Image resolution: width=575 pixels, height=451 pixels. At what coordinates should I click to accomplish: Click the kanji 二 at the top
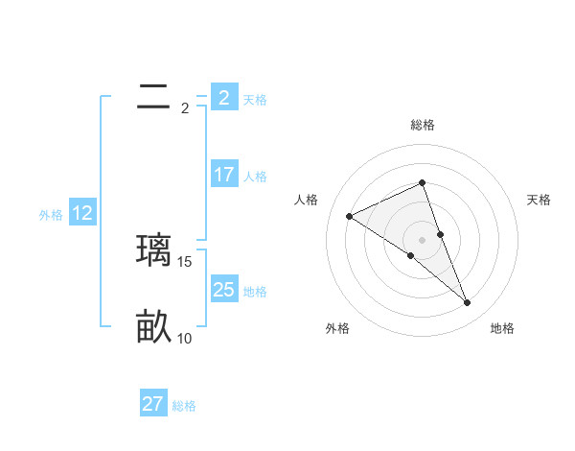pyautogui.click(x=153, y=97)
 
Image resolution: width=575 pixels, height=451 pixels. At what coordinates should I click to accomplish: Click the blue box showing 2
pyautogui.click(x=223, y=97)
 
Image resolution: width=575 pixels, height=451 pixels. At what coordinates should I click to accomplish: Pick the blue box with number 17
pyautogui.click(x=223, y=175)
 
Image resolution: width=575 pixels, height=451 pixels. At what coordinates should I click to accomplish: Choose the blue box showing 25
pyautogui.click(x=223, y=289)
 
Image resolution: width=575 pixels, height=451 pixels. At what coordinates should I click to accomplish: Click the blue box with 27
pyautogui.click(x=153, y=404)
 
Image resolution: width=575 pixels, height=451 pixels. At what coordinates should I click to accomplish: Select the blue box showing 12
pyautogui.click(x=82, y=213)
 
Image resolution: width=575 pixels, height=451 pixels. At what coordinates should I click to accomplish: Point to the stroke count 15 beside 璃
pyautogui.click(x=186, y=261)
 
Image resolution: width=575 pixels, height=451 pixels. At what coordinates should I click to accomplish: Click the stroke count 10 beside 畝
pyautogui.click(x=185, y=338)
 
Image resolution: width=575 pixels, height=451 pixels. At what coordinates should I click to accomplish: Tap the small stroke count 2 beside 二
pyautogui.click(x=185, y=107)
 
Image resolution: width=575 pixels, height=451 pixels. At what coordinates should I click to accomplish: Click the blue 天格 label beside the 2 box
pyautogui.click(x=255, y=99)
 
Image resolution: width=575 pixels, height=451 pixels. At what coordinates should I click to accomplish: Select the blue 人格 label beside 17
pyautogui.click(x=255, y=177)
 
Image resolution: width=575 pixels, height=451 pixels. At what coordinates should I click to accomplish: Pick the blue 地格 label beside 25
pyautogui.click(x=255, y=291)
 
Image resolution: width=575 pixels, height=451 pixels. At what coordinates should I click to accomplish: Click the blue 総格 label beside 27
pyautogui.click(x=184, y=406)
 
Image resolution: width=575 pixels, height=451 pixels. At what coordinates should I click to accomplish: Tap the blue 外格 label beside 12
pyautogui.click(x=51, y=215)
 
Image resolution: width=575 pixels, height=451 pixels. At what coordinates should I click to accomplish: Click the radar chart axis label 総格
pyautogui.click(x=423, y=125)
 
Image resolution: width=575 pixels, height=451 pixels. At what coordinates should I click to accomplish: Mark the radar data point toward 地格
pyautogui.click(x=468, y=303)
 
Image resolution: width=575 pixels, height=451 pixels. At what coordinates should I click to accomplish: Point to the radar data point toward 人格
pyautogui.click(x=349, y=216)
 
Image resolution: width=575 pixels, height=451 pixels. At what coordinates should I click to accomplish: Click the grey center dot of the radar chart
pyautogui.click(x=423, y=239)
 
